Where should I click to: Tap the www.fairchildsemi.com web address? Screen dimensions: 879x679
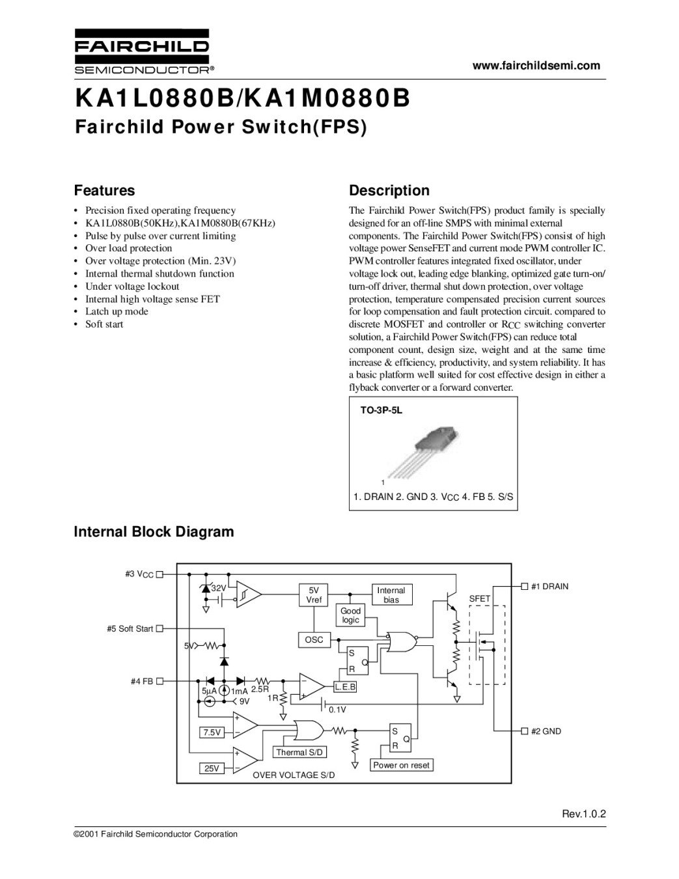point(536,65)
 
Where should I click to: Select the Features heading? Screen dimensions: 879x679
point(104,191)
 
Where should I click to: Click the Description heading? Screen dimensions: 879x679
point(389,191)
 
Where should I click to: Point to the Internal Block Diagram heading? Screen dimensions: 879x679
point(154,531)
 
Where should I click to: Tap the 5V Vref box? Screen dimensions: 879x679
point(314,595)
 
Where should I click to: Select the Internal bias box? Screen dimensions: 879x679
point(391,595)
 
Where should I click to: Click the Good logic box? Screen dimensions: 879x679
point(350,615)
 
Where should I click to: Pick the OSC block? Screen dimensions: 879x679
point(314,640)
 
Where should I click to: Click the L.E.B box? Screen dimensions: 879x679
point(345,687)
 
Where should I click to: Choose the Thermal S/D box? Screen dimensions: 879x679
point(300,752)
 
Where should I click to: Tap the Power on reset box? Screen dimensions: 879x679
point(401,765)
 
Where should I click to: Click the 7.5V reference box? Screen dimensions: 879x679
point(212,732)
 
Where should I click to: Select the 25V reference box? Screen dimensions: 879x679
point(212,768)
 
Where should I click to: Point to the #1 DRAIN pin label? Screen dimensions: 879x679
point(549,587)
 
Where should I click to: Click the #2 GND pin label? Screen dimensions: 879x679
point(546,731)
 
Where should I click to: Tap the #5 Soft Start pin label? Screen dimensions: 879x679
point(130,628)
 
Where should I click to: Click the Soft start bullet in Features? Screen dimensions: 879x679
point(104,324)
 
